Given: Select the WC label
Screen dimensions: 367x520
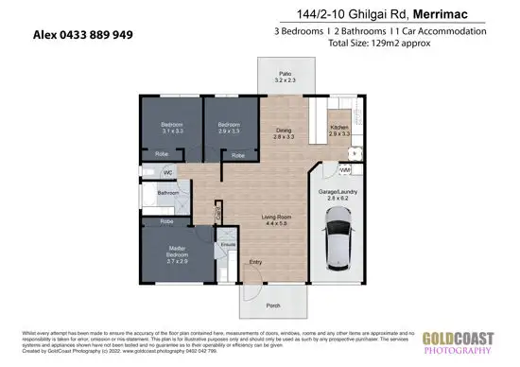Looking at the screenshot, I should click(166, 172).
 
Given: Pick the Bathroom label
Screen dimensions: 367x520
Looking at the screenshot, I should click(168, 193).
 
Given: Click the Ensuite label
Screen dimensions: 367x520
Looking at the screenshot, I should click(228, 244).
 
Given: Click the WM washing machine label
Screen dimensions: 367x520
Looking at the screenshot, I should click(346, 169).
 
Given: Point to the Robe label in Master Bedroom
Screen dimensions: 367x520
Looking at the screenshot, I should click(165, 221).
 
